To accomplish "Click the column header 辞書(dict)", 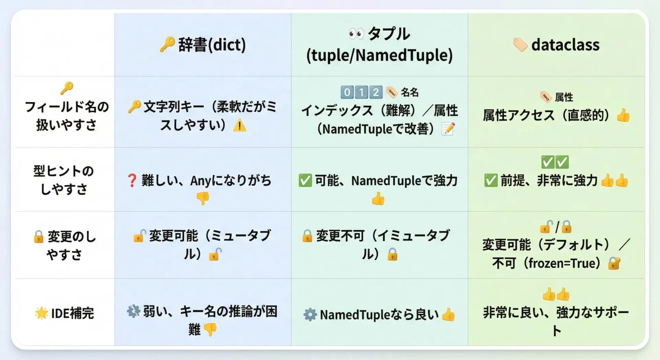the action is pyautogui.click(x=212, y=45).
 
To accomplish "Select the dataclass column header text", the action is pyautogui.click(x=565, y=45).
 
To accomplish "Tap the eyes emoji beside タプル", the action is pyautogui.click(x=356, y=34).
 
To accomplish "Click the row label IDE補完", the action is pyautogui.click(x=72, y=313).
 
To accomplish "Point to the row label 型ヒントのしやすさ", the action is pyautogui.click(x=64, y=180).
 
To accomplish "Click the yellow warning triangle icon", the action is pyautogui.click(x=240, y=126).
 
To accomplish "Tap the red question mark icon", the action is pyautogui.click(x=132, y=181).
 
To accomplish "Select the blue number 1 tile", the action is pyautogui.click(x=361, y=92).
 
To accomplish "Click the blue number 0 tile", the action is pyautogui.click(x=347, y=92).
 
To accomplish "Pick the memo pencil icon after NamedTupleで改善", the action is pyautogui.click(x=448, y=129).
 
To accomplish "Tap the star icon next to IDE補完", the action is pyautogui.click(x=41, y=313).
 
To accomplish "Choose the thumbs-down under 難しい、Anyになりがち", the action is pyautogui.click(x=203, y=198).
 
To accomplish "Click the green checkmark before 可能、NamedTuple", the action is pyautogui.click(x=305, y=181).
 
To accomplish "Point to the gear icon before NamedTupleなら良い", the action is pyautogui.click(x=310, y=315).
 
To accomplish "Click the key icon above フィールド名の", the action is pyautogui.click(x=67, y=88).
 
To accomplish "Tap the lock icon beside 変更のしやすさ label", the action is pyautogui.click(x=38, y=237).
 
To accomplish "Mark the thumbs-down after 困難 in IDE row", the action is pyautogui.click(x=210, y=329).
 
